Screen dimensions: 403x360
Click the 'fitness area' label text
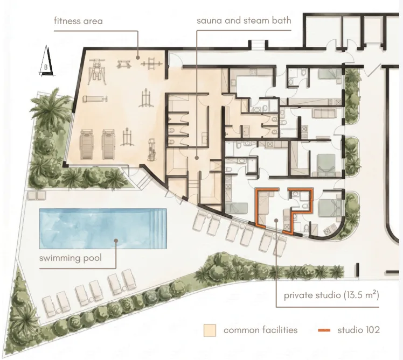(x=78, y=21)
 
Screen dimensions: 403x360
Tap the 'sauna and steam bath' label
(x=244, y=20)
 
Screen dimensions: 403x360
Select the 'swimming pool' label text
(x=71, y=258)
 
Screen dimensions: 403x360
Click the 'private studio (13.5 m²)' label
(x=331, y=295)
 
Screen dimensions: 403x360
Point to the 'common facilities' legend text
(x=260, y=330)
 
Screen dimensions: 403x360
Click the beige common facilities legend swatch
(x=210, y=330)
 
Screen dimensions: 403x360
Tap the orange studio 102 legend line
(x=324, y=330)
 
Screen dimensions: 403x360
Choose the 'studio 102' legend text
(x=358, y=330)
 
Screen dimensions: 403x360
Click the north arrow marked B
(x=46, y=61)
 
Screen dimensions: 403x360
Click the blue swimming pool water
(x=103, y=229)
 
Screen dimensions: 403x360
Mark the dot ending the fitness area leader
(x=138, y=58)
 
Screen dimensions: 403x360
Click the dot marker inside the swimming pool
(x=116, y=241)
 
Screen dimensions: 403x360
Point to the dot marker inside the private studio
(x=276, y=220)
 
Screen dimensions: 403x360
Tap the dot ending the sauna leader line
(x=197, y=158)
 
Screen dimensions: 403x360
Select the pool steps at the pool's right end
(x=158, y=229)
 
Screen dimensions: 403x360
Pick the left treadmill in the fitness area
(x=87, y=144)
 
